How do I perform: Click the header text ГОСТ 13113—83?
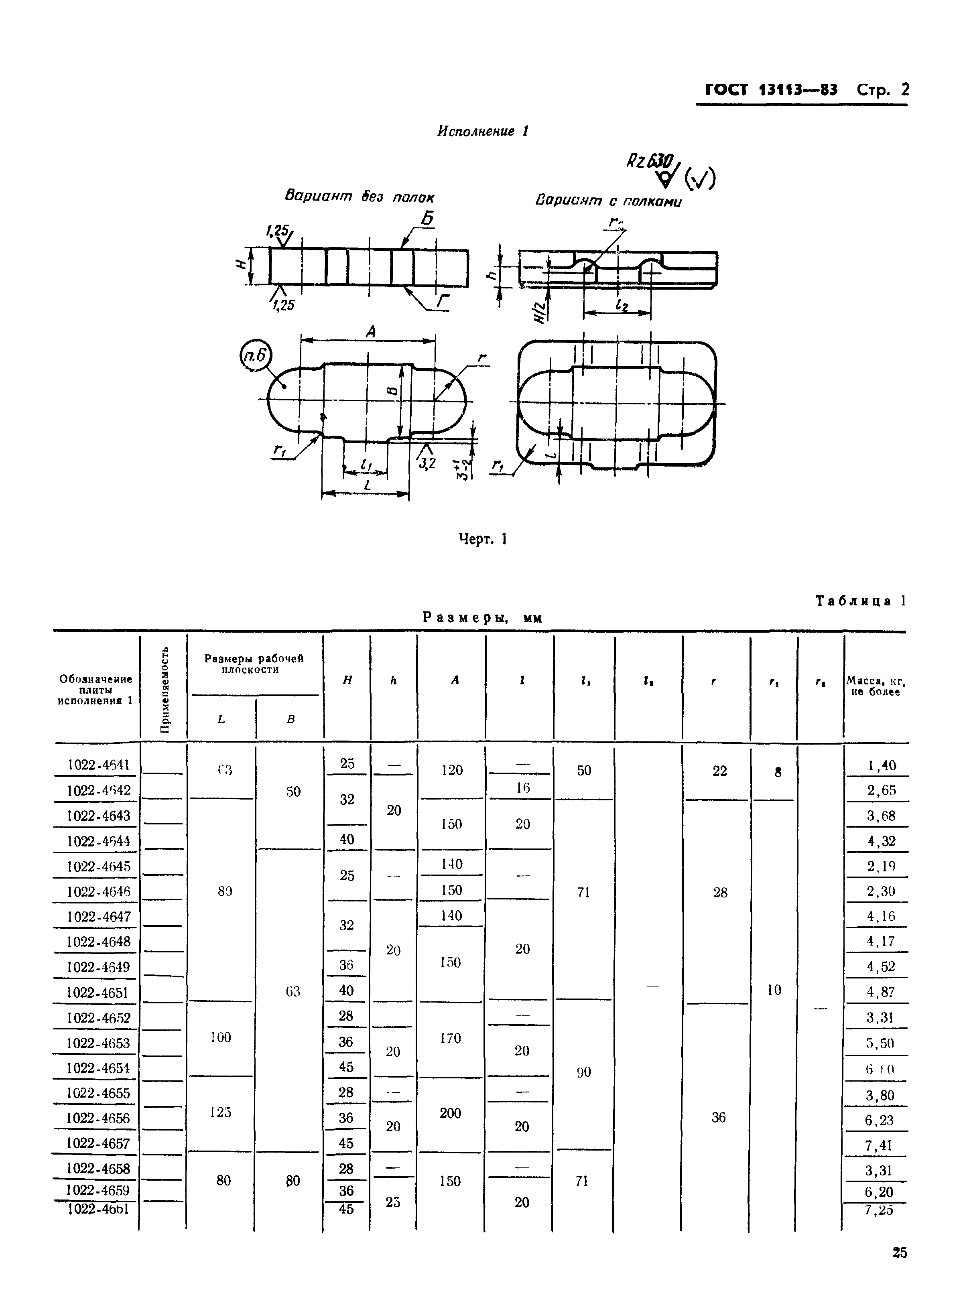(x=771, y=90)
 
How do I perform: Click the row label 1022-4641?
(x=99, y=765)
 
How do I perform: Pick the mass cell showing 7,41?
(x=878, y=1145)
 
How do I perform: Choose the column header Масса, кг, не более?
(x=876, y=686)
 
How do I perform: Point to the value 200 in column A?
(x=451, y=1114)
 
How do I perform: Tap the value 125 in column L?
(x=221, y=1112)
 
